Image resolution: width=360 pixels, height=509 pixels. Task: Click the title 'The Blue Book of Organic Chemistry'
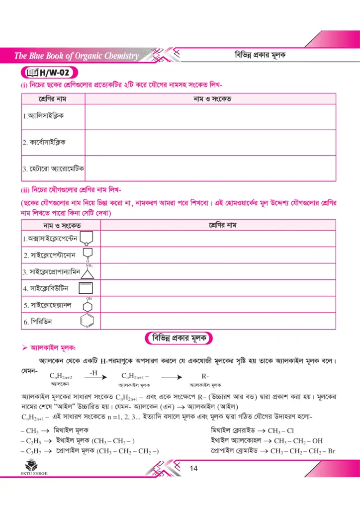pos(77,56)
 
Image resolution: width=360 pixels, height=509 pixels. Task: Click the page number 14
pos(194,468)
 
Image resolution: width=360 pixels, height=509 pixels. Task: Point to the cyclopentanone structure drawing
pos(87,255)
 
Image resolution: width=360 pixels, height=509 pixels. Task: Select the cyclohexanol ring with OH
pos(89,305)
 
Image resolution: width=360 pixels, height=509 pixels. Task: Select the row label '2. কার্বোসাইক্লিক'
pos(45,142)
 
